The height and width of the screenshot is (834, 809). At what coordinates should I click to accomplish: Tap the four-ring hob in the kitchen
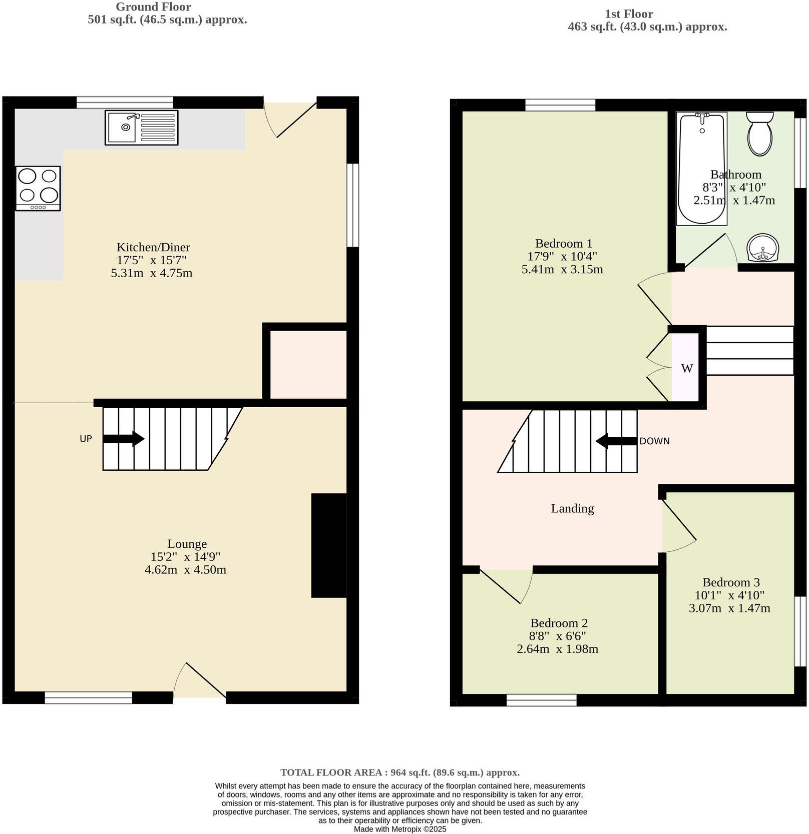38,188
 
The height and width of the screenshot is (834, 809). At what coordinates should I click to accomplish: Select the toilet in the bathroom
760,134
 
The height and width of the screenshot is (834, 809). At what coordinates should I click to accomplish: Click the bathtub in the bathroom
701,168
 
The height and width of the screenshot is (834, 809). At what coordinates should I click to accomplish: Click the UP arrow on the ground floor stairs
124,439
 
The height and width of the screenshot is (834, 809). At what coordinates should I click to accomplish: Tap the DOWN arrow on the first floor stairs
616,441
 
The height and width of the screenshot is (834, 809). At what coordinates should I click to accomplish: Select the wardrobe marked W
686,368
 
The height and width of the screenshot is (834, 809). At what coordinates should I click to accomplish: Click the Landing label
572,508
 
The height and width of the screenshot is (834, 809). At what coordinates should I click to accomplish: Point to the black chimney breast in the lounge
329,545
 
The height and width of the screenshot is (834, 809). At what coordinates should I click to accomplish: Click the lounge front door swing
199,681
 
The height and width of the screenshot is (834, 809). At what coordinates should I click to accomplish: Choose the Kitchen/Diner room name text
153,247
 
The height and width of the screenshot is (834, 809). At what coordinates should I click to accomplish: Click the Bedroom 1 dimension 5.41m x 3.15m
562,269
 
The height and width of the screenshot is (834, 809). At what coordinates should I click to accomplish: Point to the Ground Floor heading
153,7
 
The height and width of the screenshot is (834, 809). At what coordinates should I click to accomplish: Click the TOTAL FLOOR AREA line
399,772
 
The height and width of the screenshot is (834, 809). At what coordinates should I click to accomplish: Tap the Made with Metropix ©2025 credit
399,829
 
